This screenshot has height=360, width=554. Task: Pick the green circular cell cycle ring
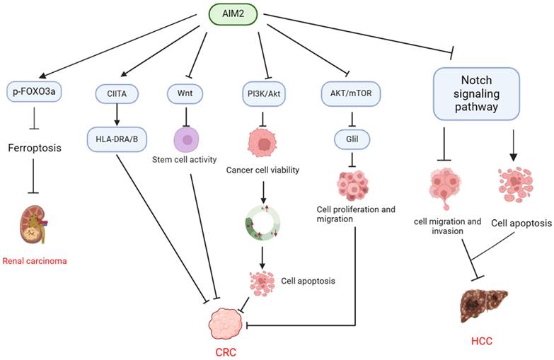[263, 227]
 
